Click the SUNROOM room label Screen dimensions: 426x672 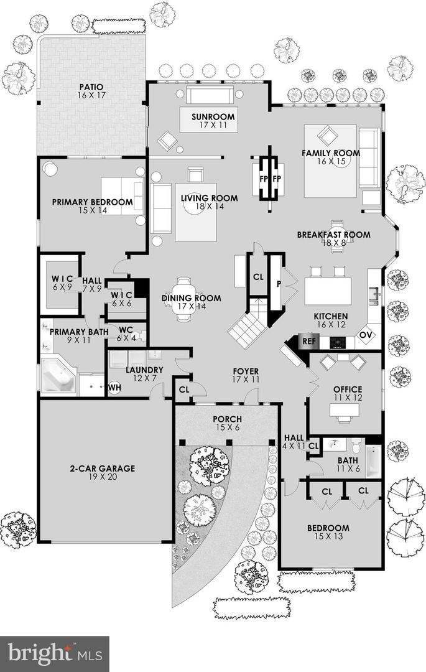point(213,116)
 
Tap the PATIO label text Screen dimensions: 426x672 point(91,88)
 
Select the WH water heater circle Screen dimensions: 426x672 point(114,388)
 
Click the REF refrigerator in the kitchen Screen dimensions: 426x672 point(308,342)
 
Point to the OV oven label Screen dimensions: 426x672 point(365,335)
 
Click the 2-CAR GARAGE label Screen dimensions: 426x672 point(103,469)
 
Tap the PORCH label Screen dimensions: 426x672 point(228,419)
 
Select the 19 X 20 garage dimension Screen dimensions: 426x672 point(103,477)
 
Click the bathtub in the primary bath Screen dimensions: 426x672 point(58,375)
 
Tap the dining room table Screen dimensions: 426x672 point(185,299)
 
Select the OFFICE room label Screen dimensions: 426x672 point(348,389)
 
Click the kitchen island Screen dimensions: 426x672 point(328,291)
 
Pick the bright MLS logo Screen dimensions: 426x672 point(55,653)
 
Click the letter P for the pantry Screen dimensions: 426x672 point(278,284)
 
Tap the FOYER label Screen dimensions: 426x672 point(246,371)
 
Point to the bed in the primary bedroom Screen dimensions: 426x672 point(123,196)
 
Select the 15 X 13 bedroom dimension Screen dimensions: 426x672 point(328,536)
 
